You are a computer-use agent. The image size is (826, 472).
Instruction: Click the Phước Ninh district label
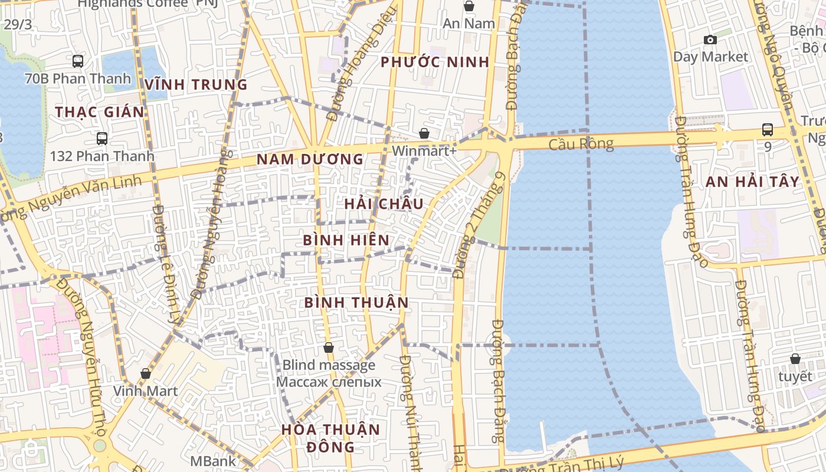(x=435, y=62)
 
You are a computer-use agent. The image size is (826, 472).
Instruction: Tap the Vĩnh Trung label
(x=196, y=84)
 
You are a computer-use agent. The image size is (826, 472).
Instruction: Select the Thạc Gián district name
(x=99, y=112)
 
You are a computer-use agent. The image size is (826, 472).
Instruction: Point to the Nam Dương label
(x=310, y=159)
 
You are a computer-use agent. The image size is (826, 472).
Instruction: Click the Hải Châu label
(x=383, y=204)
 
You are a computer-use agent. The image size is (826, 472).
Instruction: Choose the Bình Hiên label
(x=346, y=240)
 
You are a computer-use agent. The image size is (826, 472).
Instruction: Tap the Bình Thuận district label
(x=356, y=303)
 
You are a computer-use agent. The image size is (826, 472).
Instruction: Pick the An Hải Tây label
(x=752, y=182)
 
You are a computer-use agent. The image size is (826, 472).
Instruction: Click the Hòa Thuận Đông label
(x=330, y=437)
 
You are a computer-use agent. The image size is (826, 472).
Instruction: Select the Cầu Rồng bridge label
(x=581, y=144)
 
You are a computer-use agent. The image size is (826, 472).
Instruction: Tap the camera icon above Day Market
(x=710, y=40)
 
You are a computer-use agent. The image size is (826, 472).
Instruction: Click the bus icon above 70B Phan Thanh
(x=77, y=61)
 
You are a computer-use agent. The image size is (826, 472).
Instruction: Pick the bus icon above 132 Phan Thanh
(x=102, y=139)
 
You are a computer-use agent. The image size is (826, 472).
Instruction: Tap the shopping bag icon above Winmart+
(x=424, y=134)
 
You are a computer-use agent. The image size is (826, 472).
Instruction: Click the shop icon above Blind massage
(x=329, y=348)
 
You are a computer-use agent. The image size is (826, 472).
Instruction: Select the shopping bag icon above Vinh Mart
(x=145, y=373)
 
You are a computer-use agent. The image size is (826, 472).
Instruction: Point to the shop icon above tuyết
(x=795, y=359)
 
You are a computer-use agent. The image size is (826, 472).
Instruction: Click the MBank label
(x=213, y=461)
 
